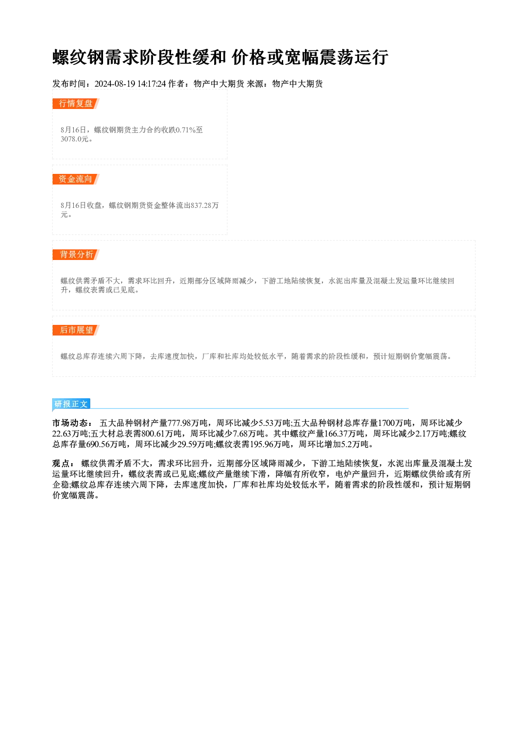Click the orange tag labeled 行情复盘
click(x=76, y=104)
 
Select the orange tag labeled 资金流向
click(x=76, y=179)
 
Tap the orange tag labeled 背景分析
click(x=76, y=255)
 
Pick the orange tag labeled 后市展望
click(x=76, y=330)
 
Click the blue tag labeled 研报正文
click(x=71, y=404)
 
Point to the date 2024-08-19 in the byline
click(x=115, y=83)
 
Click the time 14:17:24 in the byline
click(x=152, y=83)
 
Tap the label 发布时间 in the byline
click(x=70, y=83)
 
